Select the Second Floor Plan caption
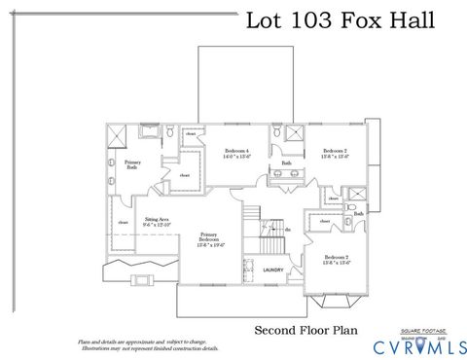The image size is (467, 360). tap(305, 330)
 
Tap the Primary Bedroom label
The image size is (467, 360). tap(209, 236)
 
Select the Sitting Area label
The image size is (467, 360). tap(157, 221)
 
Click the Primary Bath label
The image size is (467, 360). tap(132, 165)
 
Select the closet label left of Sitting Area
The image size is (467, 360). tap(124, 223)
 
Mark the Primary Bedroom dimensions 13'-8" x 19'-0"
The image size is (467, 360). tap(209, 245)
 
